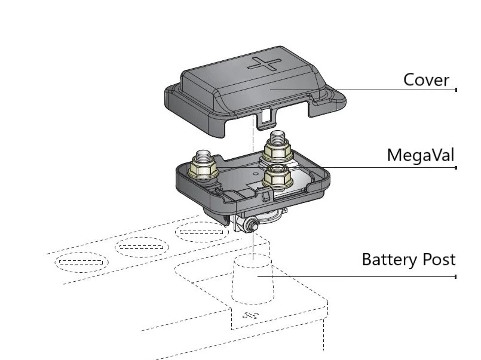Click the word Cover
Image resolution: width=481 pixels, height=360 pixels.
click(426, 79)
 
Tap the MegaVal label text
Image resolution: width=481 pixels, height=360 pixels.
click(420, 156)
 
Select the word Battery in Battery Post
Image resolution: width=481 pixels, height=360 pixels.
click(390, 260)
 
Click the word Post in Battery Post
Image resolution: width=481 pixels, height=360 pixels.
click(440, 260)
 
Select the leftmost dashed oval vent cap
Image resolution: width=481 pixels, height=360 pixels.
click(82, 261)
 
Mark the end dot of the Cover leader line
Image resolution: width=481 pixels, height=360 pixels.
click(456, 90)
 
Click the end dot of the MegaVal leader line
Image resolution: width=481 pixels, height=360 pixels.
click(456, 168)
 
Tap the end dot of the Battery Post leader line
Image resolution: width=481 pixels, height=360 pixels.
click(456, 276)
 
